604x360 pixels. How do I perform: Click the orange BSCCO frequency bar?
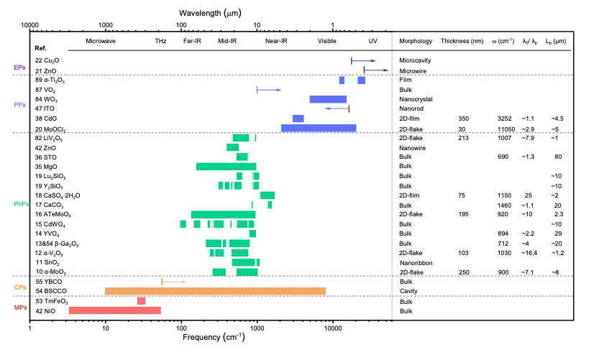215,291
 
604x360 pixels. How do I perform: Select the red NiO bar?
115,310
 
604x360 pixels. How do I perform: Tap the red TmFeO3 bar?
142,301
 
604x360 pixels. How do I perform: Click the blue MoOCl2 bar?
319,128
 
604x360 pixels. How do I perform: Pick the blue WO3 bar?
328,99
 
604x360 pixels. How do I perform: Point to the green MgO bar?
226,167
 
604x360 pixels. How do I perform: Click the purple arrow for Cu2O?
363,61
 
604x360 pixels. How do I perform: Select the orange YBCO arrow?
173,282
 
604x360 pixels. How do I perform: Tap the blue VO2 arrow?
269,90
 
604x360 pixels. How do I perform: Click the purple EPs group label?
19,68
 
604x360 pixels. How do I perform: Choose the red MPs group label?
20,308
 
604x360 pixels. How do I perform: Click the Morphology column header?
416,41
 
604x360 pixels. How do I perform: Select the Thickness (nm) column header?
462,41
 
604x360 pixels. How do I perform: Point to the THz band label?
160,41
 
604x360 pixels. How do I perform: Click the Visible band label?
326,41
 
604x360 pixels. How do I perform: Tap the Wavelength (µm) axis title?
210,13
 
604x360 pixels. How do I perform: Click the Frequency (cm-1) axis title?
214,337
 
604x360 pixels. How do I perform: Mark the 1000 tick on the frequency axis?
257,328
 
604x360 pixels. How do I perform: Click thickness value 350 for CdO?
463,119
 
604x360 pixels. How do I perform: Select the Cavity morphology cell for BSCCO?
408,291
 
